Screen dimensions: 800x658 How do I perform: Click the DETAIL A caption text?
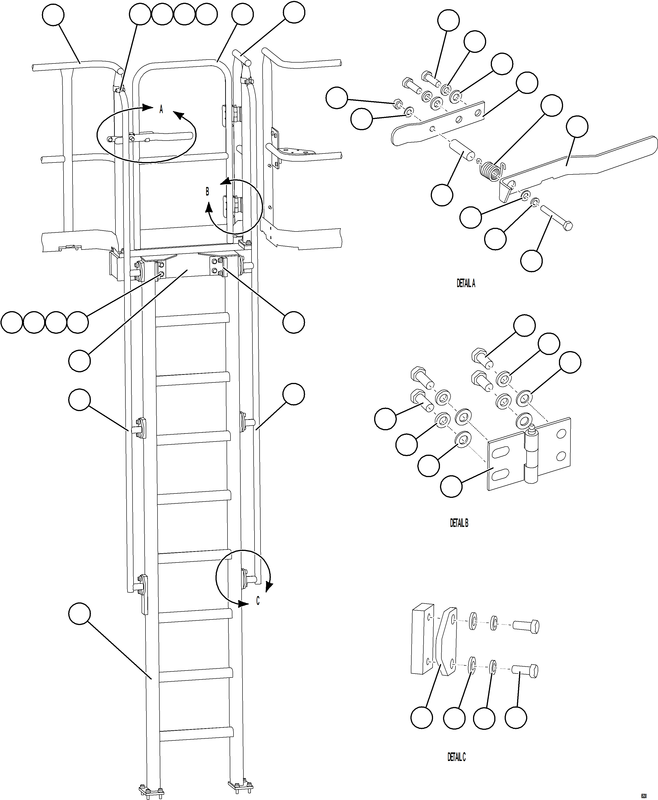(x=465, y=283)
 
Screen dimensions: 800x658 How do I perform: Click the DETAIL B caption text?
(x=459, y=523)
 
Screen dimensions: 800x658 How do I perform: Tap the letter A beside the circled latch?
(x=161, y=109)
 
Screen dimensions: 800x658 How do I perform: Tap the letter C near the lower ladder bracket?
(x=258, y=601)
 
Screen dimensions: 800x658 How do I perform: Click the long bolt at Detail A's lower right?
(x=557, y=218)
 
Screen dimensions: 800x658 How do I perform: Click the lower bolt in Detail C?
(x=525, y=671)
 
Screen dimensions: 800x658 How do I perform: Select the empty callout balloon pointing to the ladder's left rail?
(x=80, y=614)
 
